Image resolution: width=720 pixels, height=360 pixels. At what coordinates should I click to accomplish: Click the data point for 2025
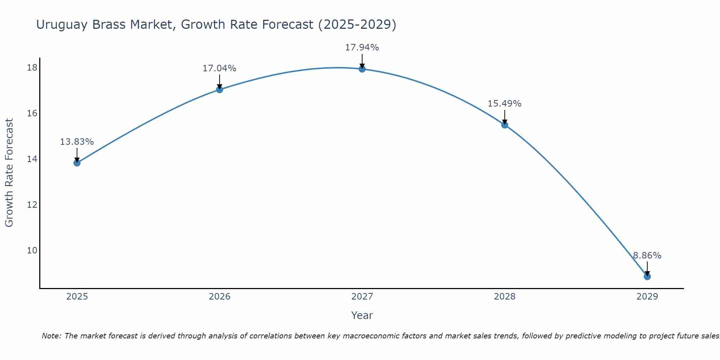(77, 163)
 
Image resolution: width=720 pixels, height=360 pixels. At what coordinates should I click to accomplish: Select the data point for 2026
(220, 89)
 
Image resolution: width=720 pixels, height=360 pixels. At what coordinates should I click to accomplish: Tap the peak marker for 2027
(362, 69)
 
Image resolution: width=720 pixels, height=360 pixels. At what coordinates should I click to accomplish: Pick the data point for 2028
(505, 125)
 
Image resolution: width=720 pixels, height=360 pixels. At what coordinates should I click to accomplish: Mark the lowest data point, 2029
(647, 276)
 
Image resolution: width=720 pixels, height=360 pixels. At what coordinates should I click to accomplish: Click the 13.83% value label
(77, 142)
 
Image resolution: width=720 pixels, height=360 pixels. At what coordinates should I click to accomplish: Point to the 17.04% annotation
(219, 68)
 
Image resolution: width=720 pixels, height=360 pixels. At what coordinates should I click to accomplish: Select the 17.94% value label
(362, 48)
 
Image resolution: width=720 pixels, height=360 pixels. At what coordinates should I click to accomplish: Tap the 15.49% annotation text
(504, 104)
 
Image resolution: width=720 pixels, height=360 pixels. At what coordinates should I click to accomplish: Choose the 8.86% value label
(647, 256)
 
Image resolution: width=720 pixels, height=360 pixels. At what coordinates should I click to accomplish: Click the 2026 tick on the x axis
(220, 297)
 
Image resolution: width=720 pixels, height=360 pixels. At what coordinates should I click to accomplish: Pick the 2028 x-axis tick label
(505, 297)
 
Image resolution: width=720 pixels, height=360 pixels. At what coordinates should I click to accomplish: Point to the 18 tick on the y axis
(32, 68)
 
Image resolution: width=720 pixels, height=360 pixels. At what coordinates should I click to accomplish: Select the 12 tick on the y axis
(32, 205)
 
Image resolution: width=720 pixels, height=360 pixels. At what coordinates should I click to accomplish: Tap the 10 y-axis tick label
(32, 251)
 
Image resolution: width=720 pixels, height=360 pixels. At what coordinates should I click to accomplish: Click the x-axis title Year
(362, 315)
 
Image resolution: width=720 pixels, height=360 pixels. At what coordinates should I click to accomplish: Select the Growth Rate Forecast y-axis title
(9, 173)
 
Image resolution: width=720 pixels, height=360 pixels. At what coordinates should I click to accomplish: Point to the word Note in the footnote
(51, 336)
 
